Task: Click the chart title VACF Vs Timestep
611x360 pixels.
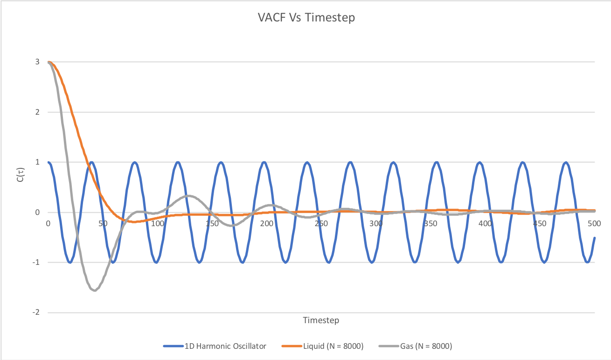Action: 306,18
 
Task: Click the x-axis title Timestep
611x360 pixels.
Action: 321,320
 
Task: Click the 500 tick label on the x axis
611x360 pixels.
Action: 594,223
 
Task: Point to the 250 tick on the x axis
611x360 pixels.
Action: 321,223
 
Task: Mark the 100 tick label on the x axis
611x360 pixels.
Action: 158,223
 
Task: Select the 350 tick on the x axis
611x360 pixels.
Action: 430,223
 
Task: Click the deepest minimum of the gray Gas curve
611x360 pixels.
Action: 95,290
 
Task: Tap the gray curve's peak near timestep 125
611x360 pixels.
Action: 187,196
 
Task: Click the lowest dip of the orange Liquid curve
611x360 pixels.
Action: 134,222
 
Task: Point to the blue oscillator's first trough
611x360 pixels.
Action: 70,262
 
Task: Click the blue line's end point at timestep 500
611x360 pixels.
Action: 594,238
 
